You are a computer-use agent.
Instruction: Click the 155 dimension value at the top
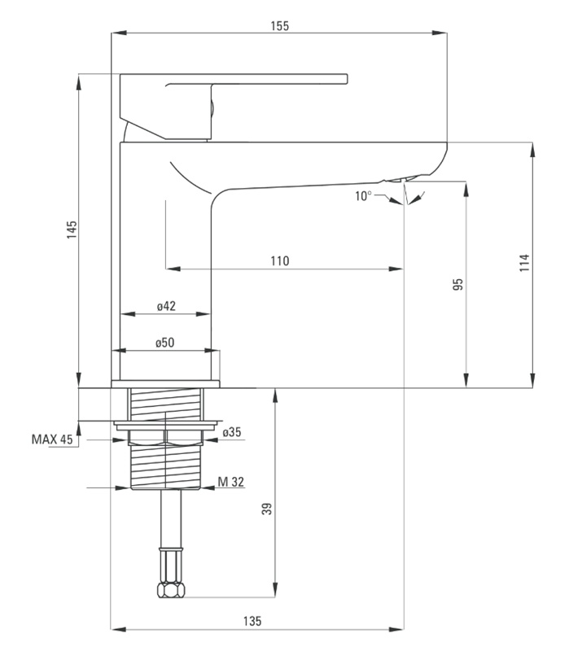coord(279,26)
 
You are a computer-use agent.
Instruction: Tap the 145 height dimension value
coord(72,229)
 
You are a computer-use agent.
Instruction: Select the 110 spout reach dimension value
coord(279,260)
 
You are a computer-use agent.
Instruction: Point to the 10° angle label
coord(363,195)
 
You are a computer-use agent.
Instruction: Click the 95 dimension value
coord(457,284)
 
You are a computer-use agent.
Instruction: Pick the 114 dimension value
coord(524,263)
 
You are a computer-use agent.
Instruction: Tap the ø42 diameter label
coord(166,306)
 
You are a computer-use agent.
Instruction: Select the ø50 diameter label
coord(165,343)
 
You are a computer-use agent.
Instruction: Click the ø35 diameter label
coord(232,432)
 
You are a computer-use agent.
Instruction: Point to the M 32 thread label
coord(231,482)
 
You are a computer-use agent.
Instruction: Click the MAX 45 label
coord(52,439)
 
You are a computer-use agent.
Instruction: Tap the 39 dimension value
coord(267,509)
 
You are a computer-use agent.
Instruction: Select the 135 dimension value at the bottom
coord(252,621)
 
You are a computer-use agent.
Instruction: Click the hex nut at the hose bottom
coord(171,589)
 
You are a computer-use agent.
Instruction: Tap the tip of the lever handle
coord(347,79)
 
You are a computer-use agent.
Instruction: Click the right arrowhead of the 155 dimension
coord(440,33)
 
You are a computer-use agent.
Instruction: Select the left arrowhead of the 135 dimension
coord(119,629)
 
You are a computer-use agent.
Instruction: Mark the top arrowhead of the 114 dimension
coord(533,150)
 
